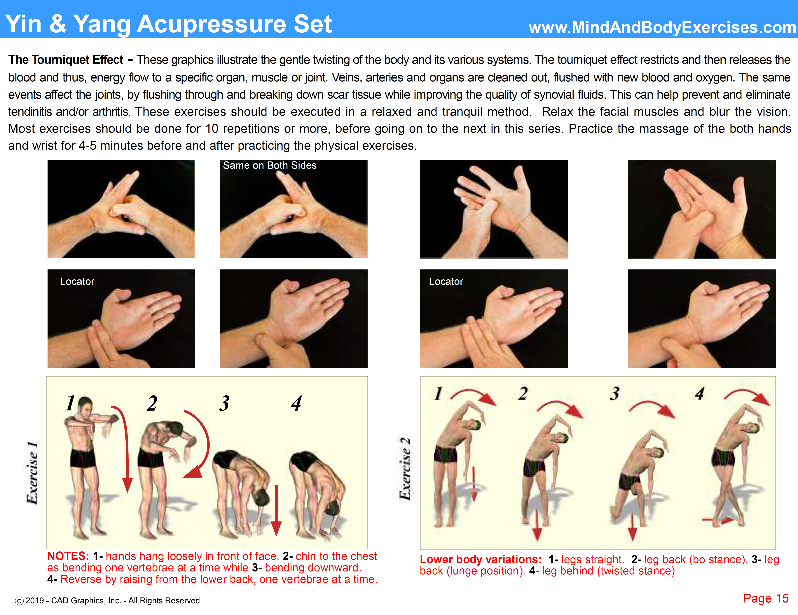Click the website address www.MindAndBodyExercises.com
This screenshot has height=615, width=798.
662,27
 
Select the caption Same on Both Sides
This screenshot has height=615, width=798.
270,165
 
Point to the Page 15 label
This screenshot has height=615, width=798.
766,598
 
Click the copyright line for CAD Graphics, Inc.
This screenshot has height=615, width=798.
107,600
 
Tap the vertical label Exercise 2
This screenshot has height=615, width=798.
405,468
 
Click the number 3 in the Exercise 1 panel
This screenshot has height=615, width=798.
224,403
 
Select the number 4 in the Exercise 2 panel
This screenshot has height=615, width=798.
699,394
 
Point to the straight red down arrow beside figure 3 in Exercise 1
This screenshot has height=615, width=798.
276,511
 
